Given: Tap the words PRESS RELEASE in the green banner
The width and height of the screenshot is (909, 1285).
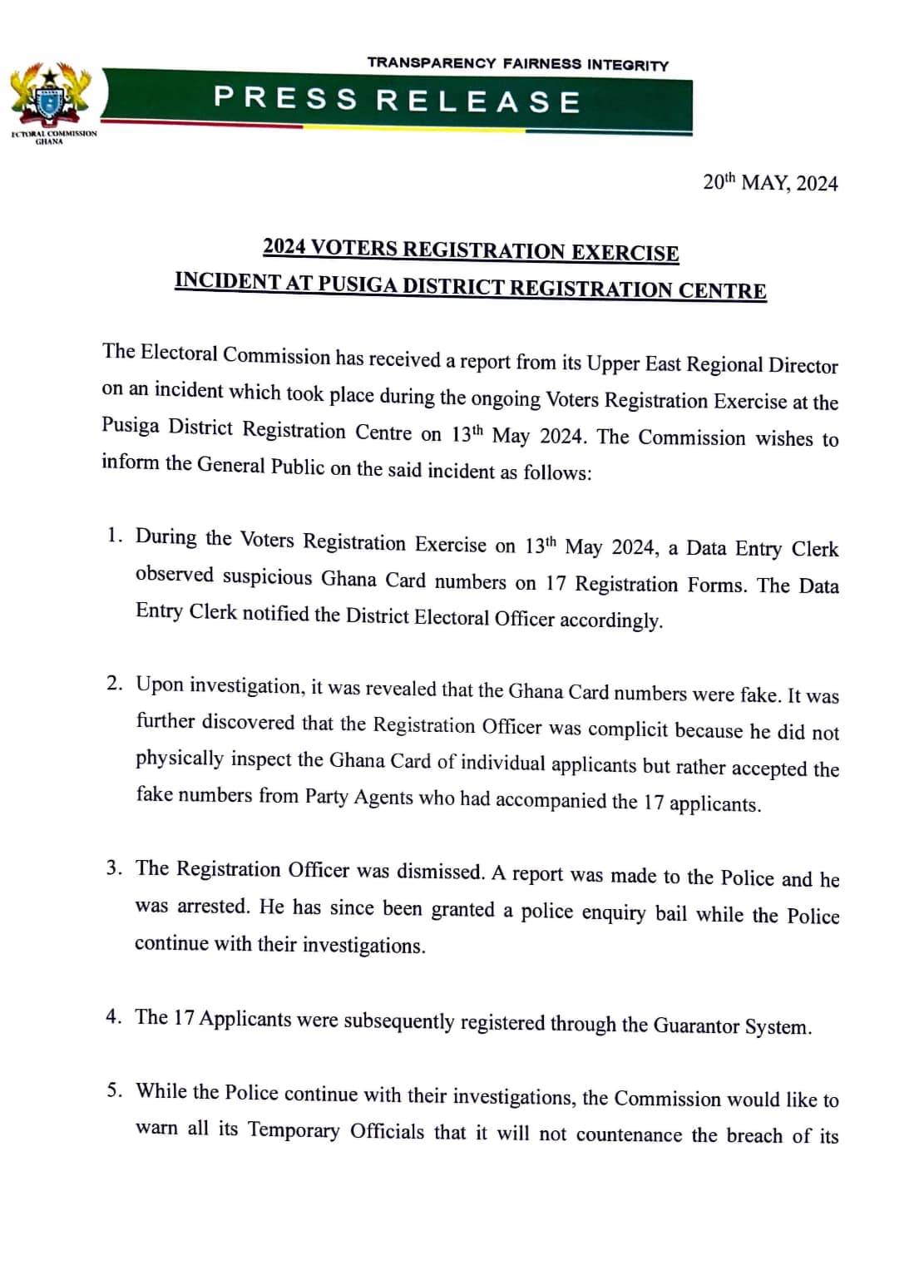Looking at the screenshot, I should (x=397, y=101).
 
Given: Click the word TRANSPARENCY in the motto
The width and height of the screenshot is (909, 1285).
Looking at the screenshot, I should (x=431, y=63).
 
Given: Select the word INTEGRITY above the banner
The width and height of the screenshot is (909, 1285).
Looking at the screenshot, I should (x=628, y=65).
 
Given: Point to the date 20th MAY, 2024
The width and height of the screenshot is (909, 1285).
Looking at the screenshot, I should (x=770, y=183).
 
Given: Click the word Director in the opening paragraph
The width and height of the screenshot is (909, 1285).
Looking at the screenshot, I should (x=803, y=366).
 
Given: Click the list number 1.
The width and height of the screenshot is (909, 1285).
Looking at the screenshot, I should (x=115, y=535).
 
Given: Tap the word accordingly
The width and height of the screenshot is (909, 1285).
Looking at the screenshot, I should (x=610, y=620).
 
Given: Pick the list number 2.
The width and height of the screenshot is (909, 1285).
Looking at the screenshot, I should (x=115, y=684).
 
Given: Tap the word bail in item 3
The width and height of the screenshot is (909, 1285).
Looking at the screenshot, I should (x=670, y=913).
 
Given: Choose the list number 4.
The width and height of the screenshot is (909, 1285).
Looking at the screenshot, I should (x=114, y=1016).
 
